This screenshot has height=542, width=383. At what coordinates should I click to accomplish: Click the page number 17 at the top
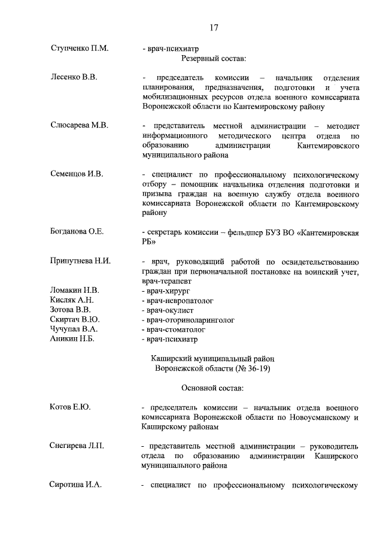click(214, 27)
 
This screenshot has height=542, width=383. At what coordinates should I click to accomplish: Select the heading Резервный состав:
click(214, 58)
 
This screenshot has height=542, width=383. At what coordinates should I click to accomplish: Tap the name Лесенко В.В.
click(73, 77)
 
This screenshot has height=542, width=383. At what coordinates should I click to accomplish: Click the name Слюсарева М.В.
click(79, 125)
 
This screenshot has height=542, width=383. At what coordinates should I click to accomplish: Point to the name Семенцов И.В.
click(77, 174)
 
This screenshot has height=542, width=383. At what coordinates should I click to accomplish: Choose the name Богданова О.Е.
click(77, 232)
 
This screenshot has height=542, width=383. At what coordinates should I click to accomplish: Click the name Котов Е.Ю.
click(70, 407)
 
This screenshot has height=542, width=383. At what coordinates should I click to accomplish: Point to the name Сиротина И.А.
click(75, 485)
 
